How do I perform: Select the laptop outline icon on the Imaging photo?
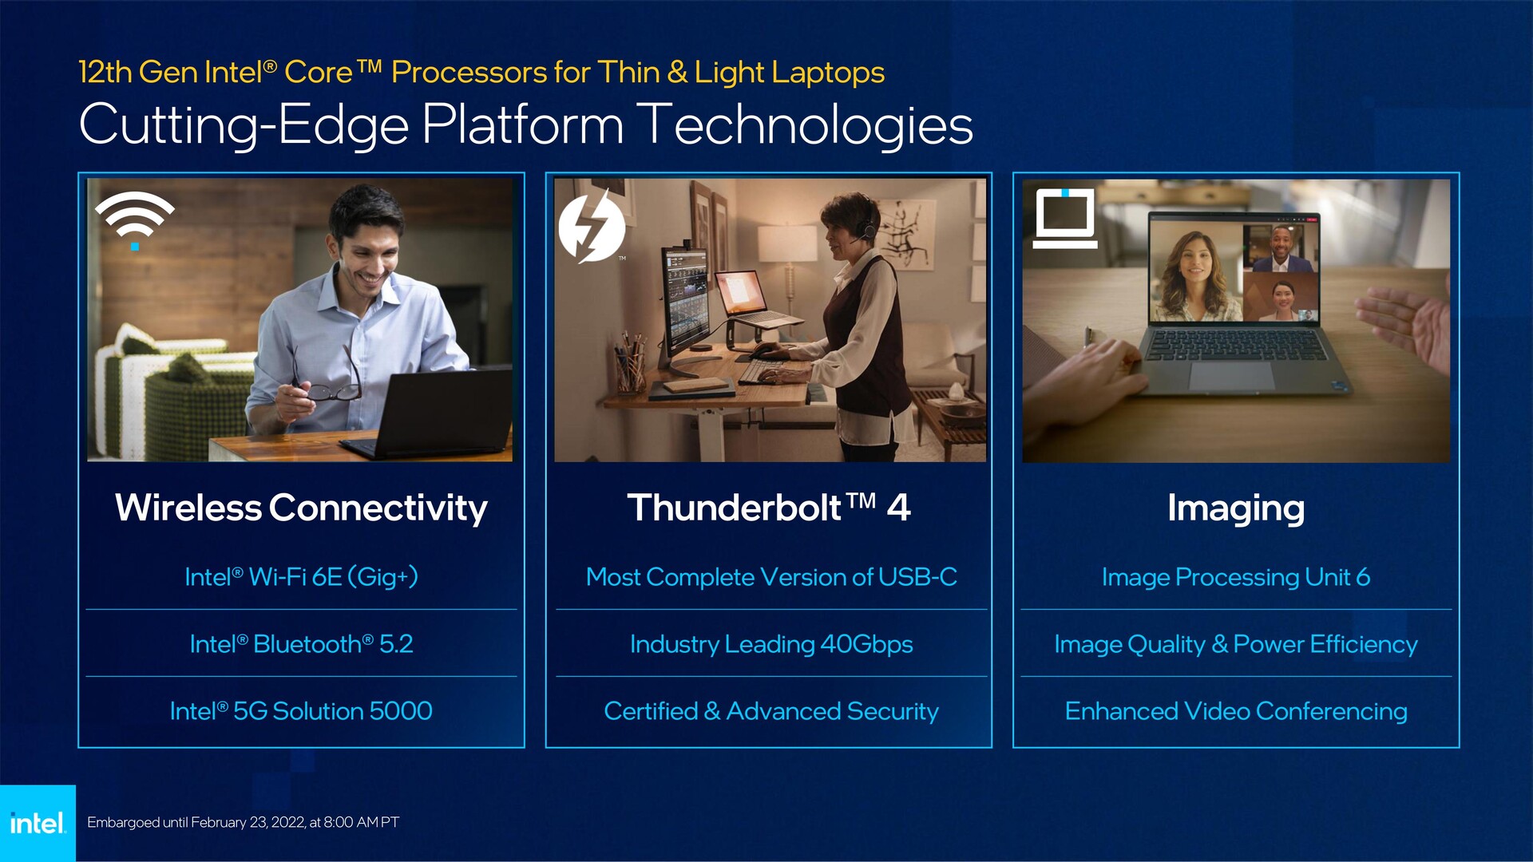click(x=1065, y=219)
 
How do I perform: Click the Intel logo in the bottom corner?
click(x=38, y=823)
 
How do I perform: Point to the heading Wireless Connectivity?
click(x=301, y=508)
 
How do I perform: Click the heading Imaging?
click(x=1236, y=508)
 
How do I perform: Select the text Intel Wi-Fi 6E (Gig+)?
click(x=301, y=577)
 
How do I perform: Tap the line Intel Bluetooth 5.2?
click(x=301, y=644)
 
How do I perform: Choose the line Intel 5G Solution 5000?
click(x=301, y=711)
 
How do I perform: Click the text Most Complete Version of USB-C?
click(x=771, y=577)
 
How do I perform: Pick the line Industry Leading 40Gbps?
click(x=771, y=644)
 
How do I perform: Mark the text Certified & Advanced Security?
click(x=771, y=711)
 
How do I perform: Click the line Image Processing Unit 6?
click(x=1236, y=577)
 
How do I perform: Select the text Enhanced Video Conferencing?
click(x=1236, y=711)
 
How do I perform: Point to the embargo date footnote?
click(x=243, y=822)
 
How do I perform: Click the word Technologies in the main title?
click(x=807, y=125)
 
